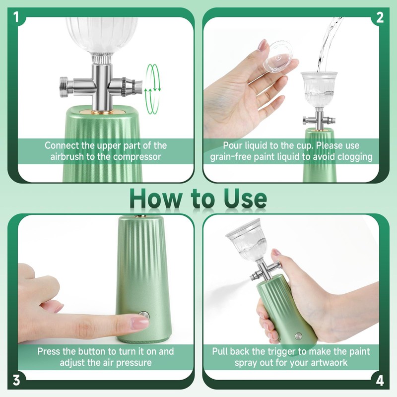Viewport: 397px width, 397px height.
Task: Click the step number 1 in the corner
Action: pos(16,17)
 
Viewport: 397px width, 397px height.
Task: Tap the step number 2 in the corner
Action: pos(380,17)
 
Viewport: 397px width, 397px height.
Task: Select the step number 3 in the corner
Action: pos(16,380)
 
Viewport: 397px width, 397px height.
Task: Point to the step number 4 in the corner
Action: pos(380,380)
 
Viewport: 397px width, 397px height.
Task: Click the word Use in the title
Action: pos(245,198)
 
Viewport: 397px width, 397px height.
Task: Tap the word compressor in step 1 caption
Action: pos(137,157)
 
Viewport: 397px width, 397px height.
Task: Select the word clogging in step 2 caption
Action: pos(354,157)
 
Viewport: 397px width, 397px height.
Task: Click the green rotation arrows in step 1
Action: pos(152,89)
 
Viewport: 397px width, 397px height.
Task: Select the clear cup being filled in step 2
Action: pos(319,89)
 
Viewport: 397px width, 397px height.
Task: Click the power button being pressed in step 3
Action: pos(144,316)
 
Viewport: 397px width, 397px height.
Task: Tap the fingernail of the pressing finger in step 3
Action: pos(139,323)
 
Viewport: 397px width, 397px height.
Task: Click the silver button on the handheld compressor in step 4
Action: pos(299,336)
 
